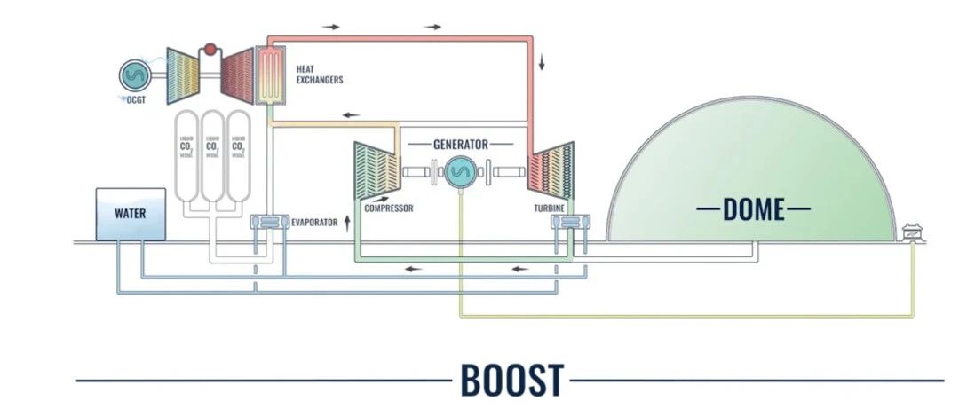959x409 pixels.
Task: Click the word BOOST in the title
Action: pos(511,380)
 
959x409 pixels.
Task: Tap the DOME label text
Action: pos(754,209)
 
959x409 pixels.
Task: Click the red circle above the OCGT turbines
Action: pos(210,50)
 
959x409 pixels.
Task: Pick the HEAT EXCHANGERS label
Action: pos(319,75)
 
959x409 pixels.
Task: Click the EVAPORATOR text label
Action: pos(314,222)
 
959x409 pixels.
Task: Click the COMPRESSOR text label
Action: pos(389,208)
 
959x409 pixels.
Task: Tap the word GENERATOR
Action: pos(461,144)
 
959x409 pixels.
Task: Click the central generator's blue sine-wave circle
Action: pos(460,172)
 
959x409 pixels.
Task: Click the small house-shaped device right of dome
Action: pos(911,232)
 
